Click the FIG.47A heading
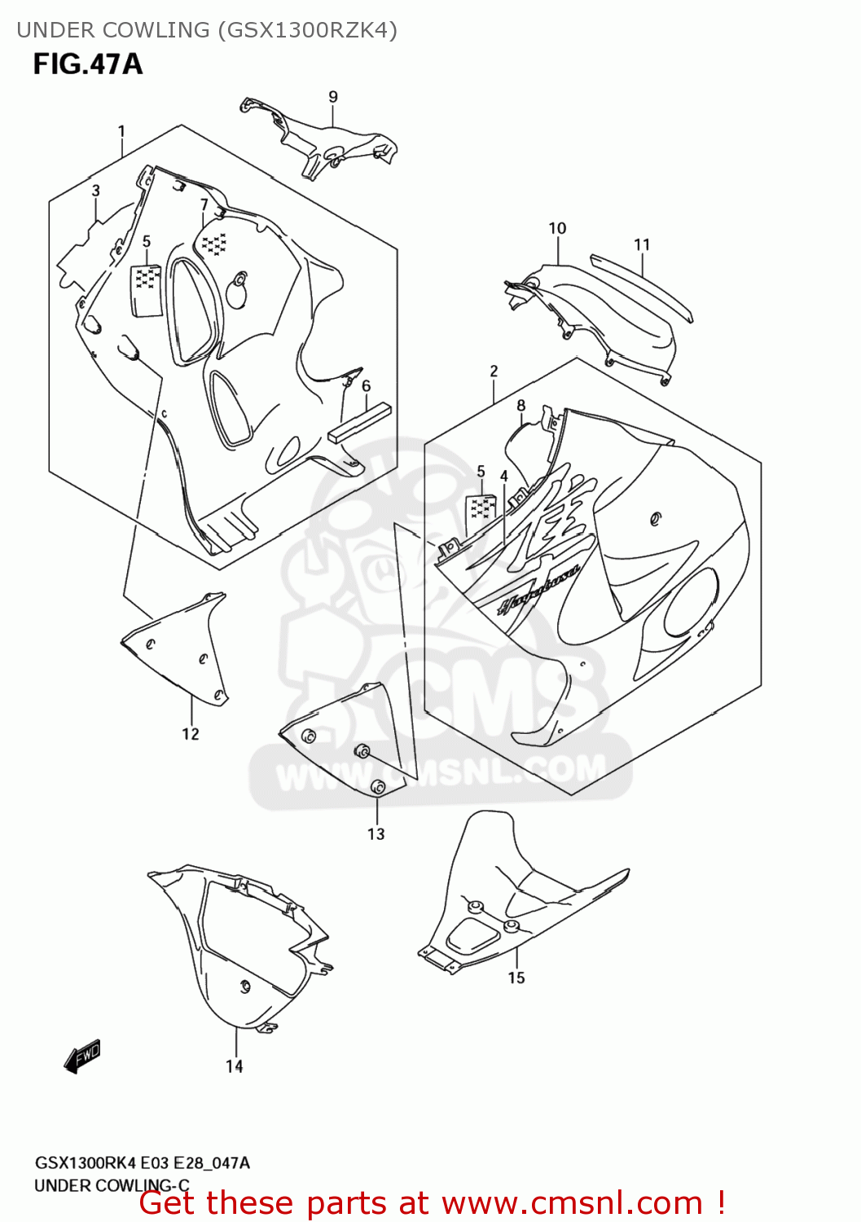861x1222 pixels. (87, 64)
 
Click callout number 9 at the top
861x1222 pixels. (332, 97)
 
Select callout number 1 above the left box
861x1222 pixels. (121, 131)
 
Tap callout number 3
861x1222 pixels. (95, 191)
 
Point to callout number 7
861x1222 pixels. (204, 204)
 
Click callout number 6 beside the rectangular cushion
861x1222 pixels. (367, 386)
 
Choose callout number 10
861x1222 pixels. (557, 229)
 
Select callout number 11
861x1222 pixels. (642, 244)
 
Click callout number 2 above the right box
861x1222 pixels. (494, 371)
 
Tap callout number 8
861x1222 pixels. (521, 405)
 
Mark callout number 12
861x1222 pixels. (190, 734)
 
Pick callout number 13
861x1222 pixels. (376, 833)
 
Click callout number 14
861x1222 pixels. (234, 1066)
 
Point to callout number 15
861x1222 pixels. (516, 978)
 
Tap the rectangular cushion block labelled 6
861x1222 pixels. (358, 423)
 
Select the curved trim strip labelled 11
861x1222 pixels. (644, 285)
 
